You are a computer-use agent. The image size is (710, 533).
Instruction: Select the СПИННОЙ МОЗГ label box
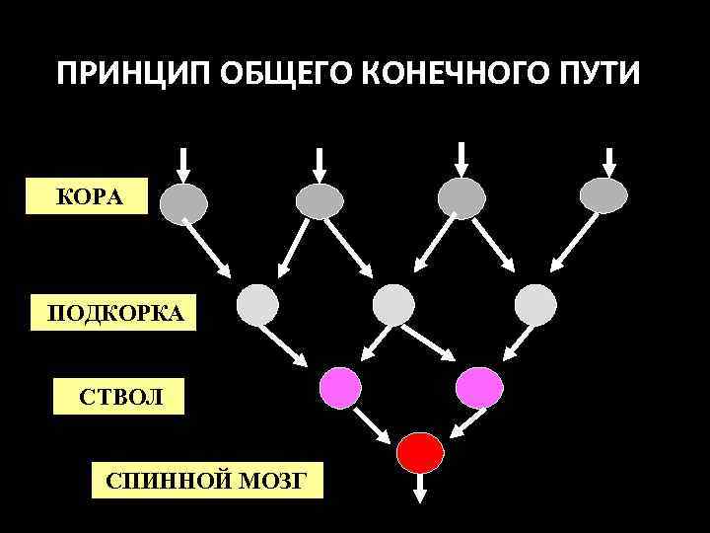pyautogui.click(x=206, y=480)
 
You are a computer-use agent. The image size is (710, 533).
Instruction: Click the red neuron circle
pyautogui.click(x=418, y=452)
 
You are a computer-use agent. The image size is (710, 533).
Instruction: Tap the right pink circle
pyautogui.click(x=479, y=385)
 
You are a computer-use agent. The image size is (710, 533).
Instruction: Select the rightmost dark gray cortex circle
pyautogui.click(x=603, y=195)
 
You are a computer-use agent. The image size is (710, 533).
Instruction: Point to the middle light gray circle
pyautogui.click(x=394, y=304)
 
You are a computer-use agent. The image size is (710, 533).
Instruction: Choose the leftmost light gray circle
pyautogui.click(x=258, y=304)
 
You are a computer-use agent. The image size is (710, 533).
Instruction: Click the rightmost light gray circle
pyautogui.click(x=535, y=304)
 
